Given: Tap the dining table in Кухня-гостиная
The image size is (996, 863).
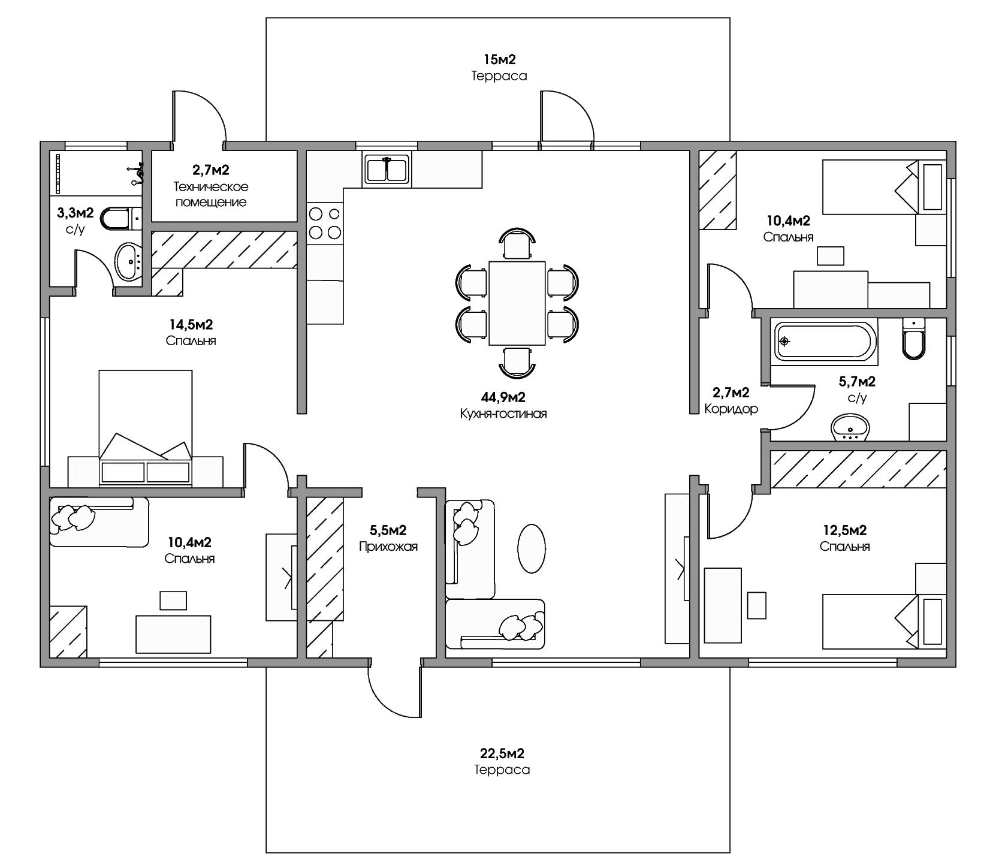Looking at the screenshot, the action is (517, 303).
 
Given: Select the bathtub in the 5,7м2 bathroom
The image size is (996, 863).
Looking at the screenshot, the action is (825, 342).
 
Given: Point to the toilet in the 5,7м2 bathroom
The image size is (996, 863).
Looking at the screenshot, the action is (913, 339).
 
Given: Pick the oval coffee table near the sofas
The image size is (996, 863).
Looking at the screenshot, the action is (531, 548).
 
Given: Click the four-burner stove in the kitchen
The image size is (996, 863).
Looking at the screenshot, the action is (324, 222).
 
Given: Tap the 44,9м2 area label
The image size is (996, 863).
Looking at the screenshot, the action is (503, 397).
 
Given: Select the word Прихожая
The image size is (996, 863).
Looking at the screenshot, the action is (388, 547).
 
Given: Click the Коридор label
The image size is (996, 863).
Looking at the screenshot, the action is (731, 409).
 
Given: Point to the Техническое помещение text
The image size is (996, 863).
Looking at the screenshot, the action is (211, 195).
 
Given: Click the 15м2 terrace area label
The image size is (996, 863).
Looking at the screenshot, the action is (499, 59).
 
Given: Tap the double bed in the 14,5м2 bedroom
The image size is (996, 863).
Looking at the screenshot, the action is (146, 428).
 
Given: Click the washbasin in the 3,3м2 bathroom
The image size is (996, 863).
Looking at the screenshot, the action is (128, 262).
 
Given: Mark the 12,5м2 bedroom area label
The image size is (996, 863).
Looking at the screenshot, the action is (844, 530).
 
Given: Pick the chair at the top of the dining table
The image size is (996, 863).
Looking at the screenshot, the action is (517, 243).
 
